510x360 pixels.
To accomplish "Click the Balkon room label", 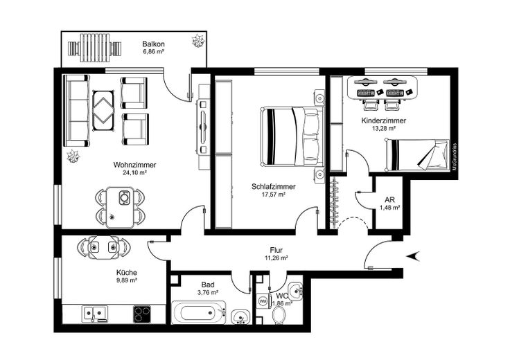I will [153, 42].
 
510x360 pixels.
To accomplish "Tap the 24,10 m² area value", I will [134, 173].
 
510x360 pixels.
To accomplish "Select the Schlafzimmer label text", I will [273, 186].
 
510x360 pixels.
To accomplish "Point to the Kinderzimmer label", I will [383, 120].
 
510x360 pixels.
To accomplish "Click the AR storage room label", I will [389, 200].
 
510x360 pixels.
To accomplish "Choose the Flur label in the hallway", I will [276, 251].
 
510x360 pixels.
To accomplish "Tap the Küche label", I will [126, 272].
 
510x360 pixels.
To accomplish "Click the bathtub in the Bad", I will [199, 313].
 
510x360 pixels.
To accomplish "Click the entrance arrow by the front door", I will [412, 255].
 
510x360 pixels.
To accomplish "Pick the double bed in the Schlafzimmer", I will [292, 136].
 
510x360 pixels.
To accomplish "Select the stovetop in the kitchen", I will [142, 314].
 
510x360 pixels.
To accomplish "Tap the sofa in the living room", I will [77, 111].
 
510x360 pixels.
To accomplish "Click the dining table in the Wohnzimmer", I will [123, 207].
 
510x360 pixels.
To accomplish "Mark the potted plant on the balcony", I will [198, 42].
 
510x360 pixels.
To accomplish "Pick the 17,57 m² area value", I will [273, 195].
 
